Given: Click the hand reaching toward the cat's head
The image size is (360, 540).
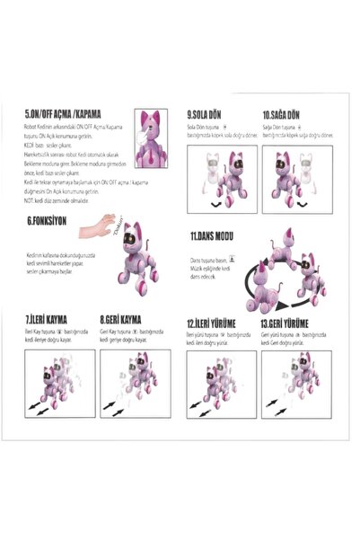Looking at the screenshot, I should click(x=109, y=225).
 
